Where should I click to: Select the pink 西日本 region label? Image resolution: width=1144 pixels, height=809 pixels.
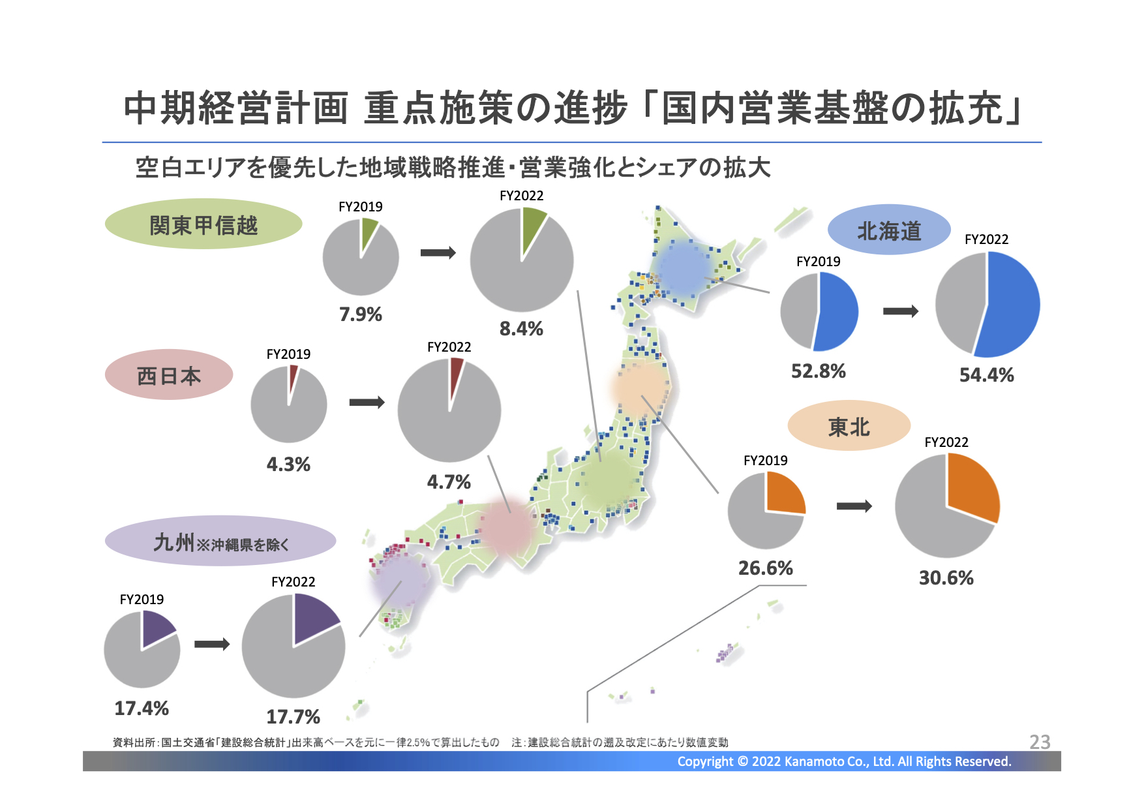(169, 374)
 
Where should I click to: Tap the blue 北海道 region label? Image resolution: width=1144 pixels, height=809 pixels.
(889, 230)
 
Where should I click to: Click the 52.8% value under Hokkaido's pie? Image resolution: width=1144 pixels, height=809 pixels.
(819, 371)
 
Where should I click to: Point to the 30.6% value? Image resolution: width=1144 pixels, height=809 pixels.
(946, 578)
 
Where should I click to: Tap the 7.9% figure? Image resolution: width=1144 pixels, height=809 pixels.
(361, 314)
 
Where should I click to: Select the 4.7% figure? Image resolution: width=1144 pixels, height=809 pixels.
(449, 482)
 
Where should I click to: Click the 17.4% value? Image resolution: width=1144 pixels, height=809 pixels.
(142, 709)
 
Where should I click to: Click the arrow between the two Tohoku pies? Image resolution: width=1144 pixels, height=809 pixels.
(854, 506)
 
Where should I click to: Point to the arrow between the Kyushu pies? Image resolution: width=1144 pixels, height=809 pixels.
(212, 645)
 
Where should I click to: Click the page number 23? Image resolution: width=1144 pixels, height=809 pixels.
(1040, 742)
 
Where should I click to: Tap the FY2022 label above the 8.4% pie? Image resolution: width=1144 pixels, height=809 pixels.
(521, 196)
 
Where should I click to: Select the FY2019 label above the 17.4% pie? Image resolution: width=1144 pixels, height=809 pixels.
(142, 600)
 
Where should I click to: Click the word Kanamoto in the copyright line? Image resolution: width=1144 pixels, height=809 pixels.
(814, 761)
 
